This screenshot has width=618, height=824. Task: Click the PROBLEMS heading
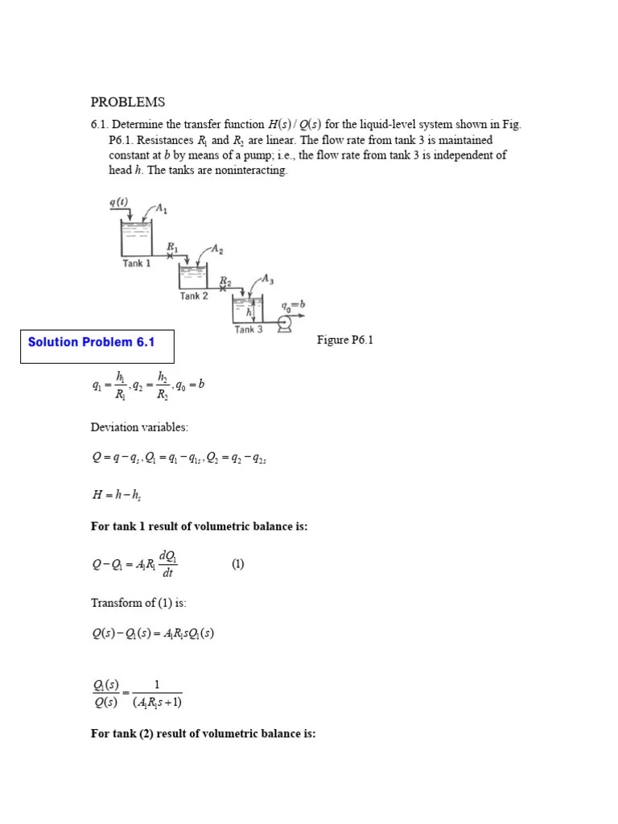coord(127,102)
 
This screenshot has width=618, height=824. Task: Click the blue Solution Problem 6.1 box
coord(91,342)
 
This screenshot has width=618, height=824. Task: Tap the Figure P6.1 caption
coord(346,340)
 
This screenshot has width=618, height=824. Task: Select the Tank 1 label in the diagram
coord(136,263)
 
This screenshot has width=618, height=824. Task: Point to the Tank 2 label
coord(194,296)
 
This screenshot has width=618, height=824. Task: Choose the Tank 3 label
coord(249,329)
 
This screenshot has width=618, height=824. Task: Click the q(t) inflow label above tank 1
coord(118,202)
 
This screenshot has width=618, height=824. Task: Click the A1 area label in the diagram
coord(160,209)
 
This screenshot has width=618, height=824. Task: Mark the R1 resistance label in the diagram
coord(172,246)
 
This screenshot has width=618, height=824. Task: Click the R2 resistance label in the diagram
coord(226,281)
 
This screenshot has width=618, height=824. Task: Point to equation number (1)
coord(237,564)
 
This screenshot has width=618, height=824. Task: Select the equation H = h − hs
coord(117,496)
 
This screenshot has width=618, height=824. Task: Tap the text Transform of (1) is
coord(138,603)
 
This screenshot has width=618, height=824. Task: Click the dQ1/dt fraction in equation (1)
coord(167,564)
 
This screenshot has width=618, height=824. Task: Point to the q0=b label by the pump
coord(293,306)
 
